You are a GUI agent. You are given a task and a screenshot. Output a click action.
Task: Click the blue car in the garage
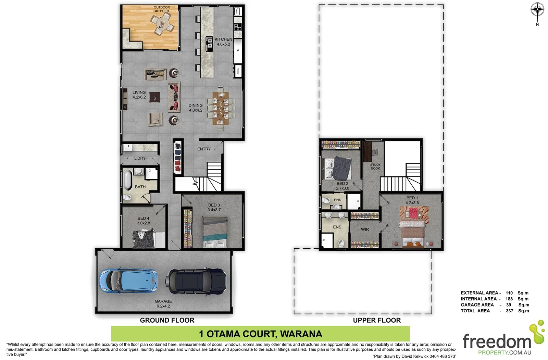pos(128,280)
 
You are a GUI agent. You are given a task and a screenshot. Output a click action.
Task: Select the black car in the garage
pos(196,280)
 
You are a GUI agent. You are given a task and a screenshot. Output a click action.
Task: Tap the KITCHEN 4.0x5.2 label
pos(223,42)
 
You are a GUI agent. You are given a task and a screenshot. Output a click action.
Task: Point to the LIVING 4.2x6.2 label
pos(139,95)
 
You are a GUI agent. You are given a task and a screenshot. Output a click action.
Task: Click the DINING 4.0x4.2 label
pos(196,108)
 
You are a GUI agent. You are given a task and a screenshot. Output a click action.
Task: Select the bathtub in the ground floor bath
pos(128,180)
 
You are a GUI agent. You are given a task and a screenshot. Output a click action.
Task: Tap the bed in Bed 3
pos(215,232)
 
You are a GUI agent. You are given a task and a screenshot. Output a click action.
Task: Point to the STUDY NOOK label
pos(375,166)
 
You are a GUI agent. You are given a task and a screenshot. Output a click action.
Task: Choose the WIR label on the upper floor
pos(365,229)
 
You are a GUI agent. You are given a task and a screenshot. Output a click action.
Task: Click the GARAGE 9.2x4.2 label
pos(163,304)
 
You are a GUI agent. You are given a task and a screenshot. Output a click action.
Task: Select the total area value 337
pos(510,311)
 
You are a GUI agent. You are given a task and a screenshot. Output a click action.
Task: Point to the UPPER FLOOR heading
pos(377,320)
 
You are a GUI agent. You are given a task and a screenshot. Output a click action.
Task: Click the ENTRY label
pos(204,149)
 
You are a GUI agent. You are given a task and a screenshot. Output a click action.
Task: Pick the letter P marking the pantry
pos(238,51)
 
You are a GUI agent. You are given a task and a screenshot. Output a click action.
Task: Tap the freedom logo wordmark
pos(497,342)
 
